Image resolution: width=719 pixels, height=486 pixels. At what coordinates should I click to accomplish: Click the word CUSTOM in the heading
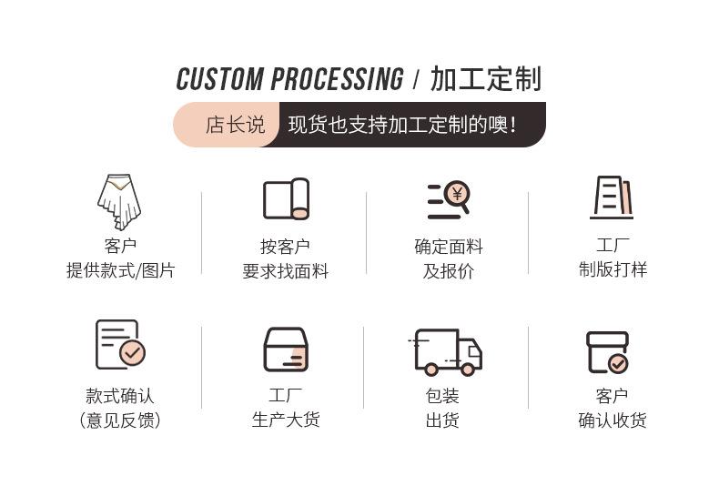[219, 79]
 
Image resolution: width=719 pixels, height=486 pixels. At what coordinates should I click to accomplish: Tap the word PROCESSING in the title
[337, 79]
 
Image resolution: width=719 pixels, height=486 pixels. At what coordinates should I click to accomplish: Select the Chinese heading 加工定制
[485, 79]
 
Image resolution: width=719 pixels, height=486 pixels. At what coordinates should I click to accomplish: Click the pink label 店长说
[235, 125]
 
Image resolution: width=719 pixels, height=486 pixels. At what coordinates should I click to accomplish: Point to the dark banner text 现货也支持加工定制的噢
[401, 125]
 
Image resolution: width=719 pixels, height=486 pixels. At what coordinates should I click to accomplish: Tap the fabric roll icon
[286, 199]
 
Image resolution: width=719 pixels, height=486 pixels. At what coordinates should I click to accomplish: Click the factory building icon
[612, 197]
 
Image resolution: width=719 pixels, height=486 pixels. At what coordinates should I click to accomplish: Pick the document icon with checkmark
[120, 344]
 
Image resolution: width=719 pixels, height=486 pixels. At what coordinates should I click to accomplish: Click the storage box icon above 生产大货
[286, 349]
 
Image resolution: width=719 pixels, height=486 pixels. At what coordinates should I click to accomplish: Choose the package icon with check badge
[607, 352]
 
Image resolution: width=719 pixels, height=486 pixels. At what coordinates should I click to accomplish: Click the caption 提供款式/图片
[120, 271]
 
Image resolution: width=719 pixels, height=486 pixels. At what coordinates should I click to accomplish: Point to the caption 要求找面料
[286, 271]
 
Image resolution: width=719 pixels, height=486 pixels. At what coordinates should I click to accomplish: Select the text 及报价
[449, 271]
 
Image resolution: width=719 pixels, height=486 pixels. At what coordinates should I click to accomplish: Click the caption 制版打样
[613, 269]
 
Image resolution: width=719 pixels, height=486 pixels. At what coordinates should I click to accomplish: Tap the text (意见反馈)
[120, 420]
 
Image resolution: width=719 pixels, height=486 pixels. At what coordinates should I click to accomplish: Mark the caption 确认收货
[613, 420]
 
